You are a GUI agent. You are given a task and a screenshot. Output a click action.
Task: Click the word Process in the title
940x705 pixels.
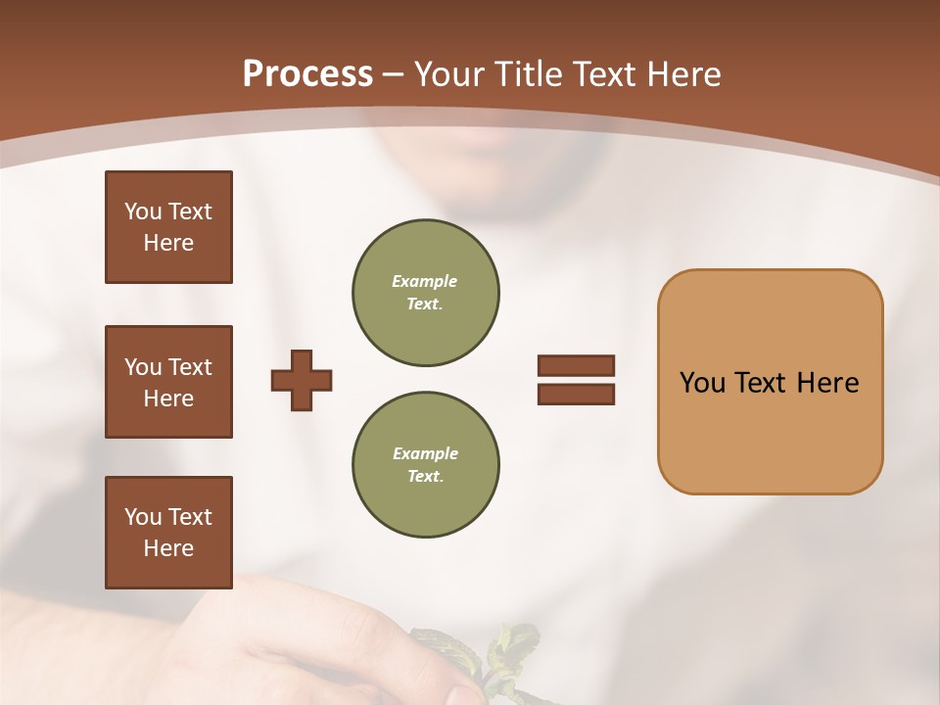tap(307, 74)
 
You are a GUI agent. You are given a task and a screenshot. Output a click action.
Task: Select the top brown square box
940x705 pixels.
tap(168, 227)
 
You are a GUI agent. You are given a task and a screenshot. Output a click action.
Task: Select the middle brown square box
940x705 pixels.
tap(168, 382)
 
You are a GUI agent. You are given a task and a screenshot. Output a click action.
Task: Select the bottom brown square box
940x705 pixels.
tap(168, 533)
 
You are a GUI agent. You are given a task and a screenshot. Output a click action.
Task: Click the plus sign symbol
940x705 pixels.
tap(302, 380)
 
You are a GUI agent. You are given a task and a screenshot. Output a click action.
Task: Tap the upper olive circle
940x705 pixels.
tap(425, 293)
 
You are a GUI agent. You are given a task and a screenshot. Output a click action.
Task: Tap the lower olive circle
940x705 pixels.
tap(425, 465)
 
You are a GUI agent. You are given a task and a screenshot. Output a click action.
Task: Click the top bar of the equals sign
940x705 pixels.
tap(576, 366)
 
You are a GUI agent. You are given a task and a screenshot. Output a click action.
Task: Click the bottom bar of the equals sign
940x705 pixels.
tap(576, 395)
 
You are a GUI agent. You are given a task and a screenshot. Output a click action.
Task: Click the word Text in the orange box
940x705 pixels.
tap(766, 383)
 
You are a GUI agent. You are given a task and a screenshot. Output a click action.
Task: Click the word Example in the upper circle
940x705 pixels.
tap(425, 282)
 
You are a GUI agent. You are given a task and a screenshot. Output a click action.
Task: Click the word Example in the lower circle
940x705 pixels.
tap(425, 454)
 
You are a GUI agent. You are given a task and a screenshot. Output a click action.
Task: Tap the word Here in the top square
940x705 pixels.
tap(168, 243)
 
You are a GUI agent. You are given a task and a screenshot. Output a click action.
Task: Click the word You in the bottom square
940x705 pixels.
tap(142, 517)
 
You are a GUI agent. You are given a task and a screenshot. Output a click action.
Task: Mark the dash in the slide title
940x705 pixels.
tap(394, 74)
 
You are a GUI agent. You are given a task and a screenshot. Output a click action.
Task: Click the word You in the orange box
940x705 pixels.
tap(702, 383)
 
